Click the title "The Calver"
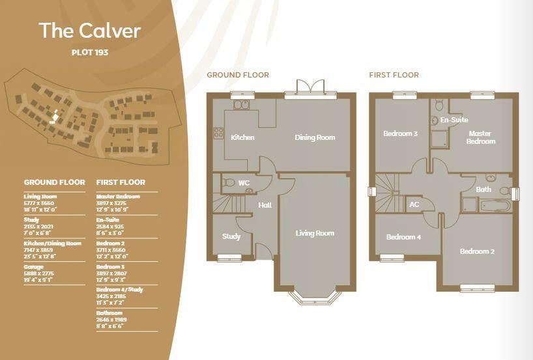point(89,31)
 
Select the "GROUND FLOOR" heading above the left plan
point(238,75)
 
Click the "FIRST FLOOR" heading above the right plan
point(394,75)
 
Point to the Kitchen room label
point(242,137)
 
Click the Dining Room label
point(315,137)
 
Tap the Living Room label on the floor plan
point(315,233)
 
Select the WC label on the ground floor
point(244,183)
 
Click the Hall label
point(265,205)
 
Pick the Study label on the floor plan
point(231,236)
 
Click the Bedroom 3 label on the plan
point(400,133)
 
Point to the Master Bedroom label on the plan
point(481,137)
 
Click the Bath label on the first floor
point(483,189)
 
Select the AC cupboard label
point(414,204)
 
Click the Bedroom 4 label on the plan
point(403,237)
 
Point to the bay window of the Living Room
point(315,297)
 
